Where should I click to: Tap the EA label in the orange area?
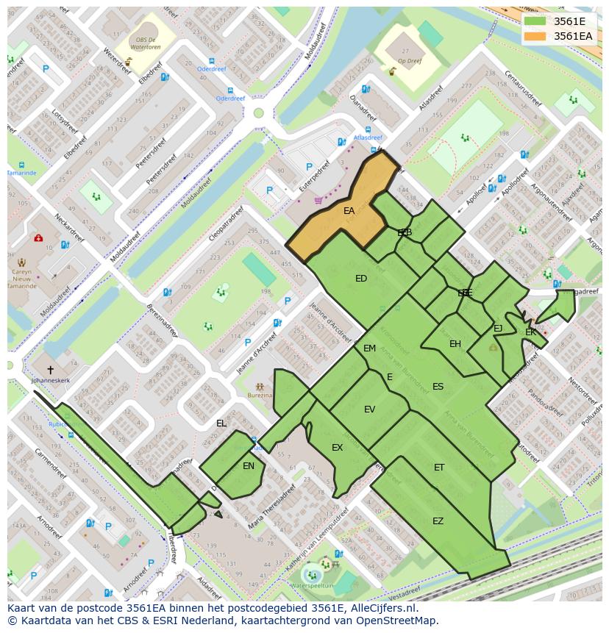click(x=349, y=211)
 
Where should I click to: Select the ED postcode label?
click(x=361, y=279)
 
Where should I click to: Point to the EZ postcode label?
click(x=438, y=521)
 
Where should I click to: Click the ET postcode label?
click(x=439, y=468)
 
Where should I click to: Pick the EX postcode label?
click(x=337, y=448)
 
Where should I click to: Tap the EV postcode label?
click(x=369, y=410)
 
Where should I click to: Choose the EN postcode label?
click(x=249, y=465)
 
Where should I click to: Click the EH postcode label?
click(x=455, y=344)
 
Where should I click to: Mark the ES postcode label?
click(x=438, y=387)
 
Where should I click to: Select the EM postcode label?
click(x=369, y=348)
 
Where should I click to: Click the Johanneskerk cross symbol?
click(x=50, y=370)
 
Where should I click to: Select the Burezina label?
click(x=260, y=395)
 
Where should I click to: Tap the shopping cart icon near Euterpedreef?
click(x=318, y=200)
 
